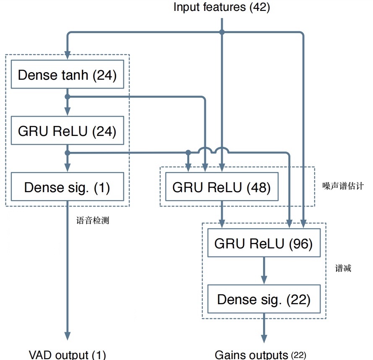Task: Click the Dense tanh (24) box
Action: pyautogui.click(x=67, y=75)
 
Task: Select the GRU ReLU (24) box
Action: pyautogui.click(x=67, y=131)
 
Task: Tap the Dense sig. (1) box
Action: pyautogui.click(x=67, y=187)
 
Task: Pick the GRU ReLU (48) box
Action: pyautogui.click(x=222, y=187)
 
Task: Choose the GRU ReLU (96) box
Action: pyautogui.click(x=263, y=243)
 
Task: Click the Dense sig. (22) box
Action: pyautogui.click(x=263, y=300)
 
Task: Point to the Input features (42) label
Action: pyautogui.click(x=222, y=8)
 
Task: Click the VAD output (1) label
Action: pyautogui.click(x=67, y=354)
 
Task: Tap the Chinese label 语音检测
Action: pyautogui.click(x=93, y=219)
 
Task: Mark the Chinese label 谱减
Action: pyautogui.click(x=343, y=269)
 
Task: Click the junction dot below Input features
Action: pyautogui.click(x=222, y=32)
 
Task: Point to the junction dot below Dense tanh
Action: pyautogui.click(x=67, y=97)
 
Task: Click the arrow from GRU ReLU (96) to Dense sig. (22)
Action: pyautogui.click(x=264, y=271)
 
